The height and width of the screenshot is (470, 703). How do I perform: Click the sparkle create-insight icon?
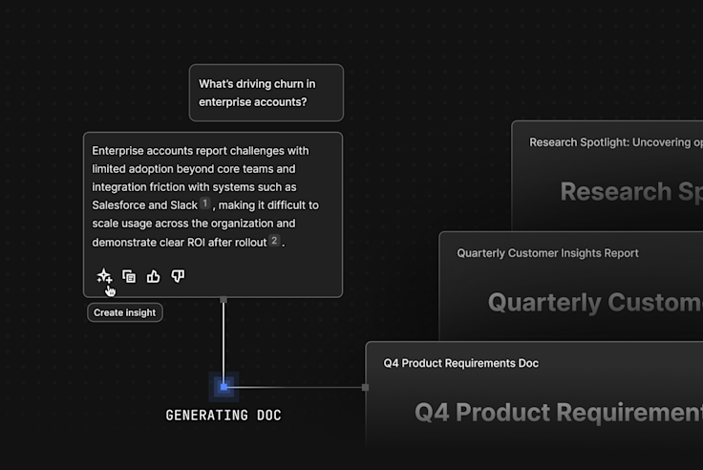point(104,276)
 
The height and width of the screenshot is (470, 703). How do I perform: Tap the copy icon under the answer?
point(129,276)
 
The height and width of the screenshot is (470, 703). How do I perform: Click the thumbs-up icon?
point(154,276)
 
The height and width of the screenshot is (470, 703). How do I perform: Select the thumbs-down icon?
point(178,276)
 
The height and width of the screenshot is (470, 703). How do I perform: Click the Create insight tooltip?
point(124,312)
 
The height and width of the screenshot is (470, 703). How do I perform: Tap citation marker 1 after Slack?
point(205,203)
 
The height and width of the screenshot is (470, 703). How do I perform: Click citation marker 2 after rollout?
point(274,241)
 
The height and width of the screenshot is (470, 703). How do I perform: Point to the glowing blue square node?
point(224,387)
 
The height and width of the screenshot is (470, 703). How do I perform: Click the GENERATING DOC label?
point(224,416)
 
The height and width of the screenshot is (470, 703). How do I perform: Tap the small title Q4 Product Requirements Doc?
point(461,363)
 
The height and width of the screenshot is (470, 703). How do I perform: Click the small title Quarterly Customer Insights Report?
point(547,253)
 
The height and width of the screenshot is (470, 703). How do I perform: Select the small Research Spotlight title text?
point(616,142)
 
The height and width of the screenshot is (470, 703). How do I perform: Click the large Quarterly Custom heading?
point(595,302)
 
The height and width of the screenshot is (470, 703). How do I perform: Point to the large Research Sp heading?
point(631,192)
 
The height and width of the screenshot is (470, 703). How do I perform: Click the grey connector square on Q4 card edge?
point(366,388)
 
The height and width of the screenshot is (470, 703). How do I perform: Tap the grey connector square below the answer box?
point(224,300)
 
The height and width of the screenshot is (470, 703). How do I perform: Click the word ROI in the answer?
point(196,243)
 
